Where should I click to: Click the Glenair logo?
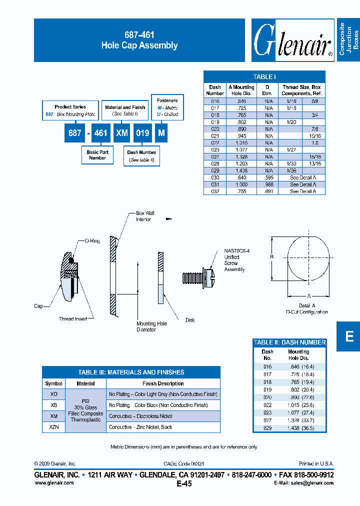click(292, 40)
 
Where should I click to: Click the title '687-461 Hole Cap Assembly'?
click(139, 40)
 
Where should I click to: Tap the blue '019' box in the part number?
click(142, 133)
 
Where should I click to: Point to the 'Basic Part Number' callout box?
click(97, 155)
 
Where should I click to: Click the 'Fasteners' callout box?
click(167, 107)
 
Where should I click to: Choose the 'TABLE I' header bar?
click(264, 76)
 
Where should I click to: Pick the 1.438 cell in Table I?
click(241, 170)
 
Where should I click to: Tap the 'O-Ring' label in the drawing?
click(92, 241)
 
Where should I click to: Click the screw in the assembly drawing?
click(198, 276)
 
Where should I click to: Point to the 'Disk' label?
click(189, 320)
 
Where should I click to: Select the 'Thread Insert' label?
click(73, 319)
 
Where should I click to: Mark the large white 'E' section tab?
click(349, 336)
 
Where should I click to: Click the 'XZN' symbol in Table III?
click(53, 427)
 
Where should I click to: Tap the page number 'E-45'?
click(184, 483)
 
